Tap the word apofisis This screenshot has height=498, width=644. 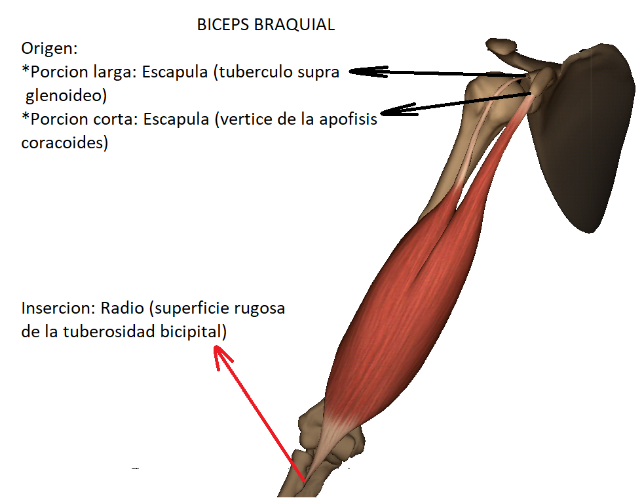coord(352,120)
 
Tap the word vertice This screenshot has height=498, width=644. coord(245,120)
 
